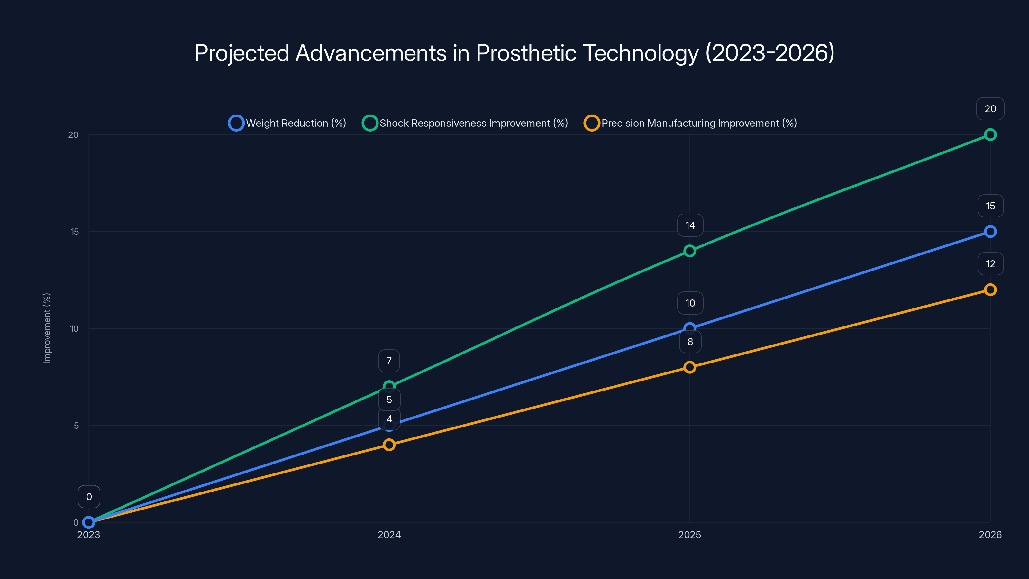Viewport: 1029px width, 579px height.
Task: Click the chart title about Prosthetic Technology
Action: [x=514, y=53]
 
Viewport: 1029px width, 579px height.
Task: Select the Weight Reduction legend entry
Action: [x=287, y=123]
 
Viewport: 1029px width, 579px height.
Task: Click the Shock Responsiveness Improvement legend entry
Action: [x=465, y=123]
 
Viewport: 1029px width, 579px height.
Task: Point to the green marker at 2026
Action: [x=990, y=135]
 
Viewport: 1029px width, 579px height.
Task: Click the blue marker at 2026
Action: [x=990, y=232]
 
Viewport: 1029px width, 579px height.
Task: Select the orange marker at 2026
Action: [x=990, y=290]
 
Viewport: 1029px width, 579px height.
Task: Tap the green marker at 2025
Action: [x=689, y=251]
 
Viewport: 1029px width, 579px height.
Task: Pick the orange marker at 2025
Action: [x=689, y=367]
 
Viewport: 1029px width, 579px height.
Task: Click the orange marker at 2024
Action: [x=389, y=445]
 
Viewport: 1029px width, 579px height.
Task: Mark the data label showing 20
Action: [x=990, y=109]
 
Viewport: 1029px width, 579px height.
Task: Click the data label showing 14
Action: [x=690, y=225]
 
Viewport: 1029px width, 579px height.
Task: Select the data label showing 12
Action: [x=990, y=264]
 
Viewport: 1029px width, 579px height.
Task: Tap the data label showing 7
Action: [x=389, y=361]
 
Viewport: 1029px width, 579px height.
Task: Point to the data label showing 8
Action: [x=690, y=342]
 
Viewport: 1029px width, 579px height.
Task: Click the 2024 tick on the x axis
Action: [x=389, y=535]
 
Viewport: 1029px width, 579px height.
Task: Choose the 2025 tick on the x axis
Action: [x=689, y=535]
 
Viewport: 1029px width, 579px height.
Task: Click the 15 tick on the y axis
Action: [x=75, y=232]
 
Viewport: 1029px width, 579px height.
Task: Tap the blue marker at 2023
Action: [x=89, y=522]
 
